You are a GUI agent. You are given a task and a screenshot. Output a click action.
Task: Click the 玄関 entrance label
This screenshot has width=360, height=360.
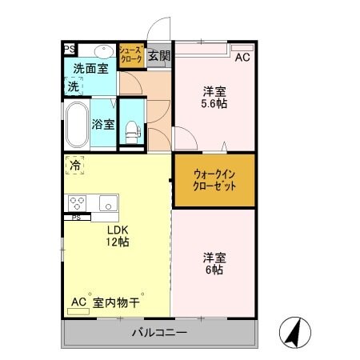(159, 55)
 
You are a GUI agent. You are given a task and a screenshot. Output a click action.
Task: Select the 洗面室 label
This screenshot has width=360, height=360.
(90, 69)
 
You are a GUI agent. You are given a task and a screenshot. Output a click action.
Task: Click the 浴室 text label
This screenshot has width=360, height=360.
(103, 124)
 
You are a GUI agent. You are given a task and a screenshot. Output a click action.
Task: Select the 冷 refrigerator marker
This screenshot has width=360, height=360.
(74, 166)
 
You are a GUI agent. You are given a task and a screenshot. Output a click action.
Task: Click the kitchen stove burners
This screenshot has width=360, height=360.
(78, 202)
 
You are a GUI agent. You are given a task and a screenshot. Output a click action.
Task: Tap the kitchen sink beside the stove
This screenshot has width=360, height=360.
(108, 202)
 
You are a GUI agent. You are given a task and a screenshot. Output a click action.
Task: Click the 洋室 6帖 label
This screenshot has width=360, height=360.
(213, 263)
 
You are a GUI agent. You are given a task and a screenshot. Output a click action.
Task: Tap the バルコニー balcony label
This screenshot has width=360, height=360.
(159, 332)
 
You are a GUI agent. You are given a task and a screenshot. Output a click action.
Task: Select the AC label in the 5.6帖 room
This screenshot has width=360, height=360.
(242, 57)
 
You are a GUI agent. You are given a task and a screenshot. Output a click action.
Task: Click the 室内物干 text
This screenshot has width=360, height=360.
(117, 302)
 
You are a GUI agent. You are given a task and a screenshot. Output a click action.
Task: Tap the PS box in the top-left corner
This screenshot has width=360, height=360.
(70, 49)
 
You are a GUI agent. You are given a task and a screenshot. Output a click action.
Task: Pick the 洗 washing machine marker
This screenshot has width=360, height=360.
(74, 86)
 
